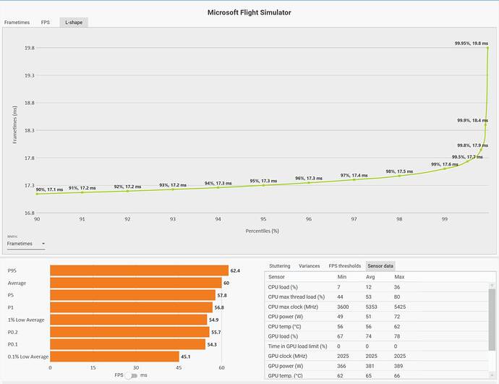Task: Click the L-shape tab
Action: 74,22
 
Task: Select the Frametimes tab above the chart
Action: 17,22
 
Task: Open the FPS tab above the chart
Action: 45,22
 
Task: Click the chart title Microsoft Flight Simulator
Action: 249,12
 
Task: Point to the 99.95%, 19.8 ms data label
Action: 471,43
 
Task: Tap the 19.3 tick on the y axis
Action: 29,75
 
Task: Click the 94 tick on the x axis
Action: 218,219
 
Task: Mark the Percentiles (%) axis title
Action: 263,231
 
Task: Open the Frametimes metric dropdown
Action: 26,244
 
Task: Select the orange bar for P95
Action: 140,270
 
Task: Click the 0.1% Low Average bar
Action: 114,357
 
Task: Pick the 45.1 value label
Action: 186,357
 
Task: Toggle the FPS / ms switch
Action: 132,376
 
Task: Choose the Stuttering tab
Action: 280,266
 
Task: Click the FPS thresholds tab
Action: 345,266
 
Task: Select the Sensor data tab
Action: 380,266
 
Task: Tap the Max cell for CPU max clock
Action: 400,307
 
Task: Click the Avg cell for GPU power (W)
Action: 370,366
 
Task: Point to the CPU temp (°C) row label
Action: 283,327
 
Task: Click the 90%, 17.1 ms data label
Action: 49,189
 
